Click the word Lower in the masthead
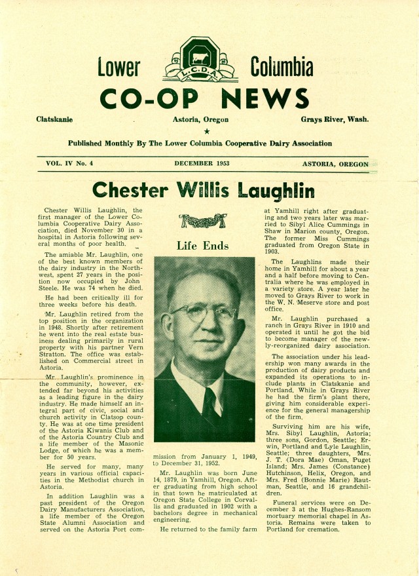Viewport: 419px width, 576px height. click(118, 67)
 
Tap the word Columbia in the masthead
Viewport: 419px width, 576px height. click(282, 67)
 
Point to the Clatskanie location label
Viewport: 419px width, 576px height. click(55, 120)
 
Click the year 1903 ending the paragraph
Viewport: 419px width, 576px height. click(274, 250)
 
